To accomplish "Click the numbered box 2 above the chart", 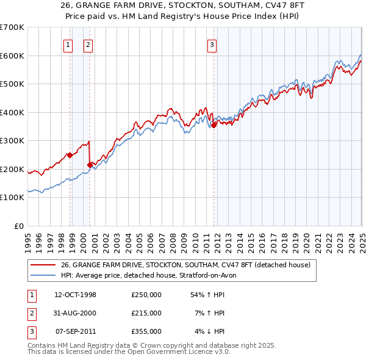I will [88, 44].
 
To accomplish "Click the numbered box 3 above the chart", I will [212, 44].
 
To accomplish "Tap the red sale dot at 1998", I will [70, 155].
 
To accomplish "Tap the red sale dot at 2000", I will [90, 165].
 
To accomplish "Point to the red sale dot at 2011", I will [214, 125].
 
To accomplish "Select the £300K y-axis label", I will [12, 141].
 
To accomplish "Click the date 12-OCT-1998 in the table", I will [76, 295].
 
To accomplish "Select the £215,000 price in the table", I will [146, 313].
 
